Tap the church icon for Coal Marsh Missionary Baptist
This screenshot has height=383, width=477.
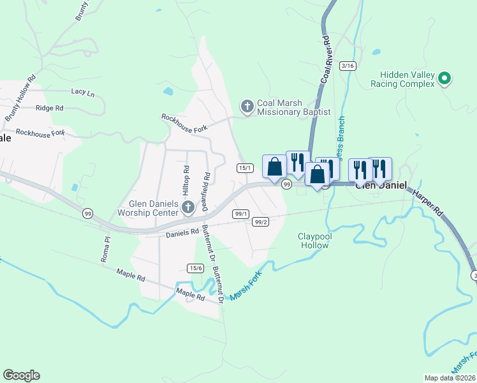[246, 105]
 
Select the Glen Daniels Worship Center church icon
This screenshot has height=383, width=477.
[187, 207]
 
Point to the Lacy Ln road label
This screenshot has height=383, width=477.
[83, 92]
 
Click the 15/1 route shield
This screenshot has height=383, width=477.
[246, 168]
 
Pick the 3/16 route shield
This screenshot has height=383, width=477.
[348, 66]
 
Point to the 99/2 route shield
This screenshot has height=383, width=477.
[260, 222]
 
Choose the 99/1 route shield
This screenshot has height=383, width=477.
[241, 214]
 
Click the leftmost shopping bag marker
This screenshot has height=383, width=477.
[274, 167]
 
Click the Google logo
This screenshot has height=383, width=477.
[22, 375]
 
